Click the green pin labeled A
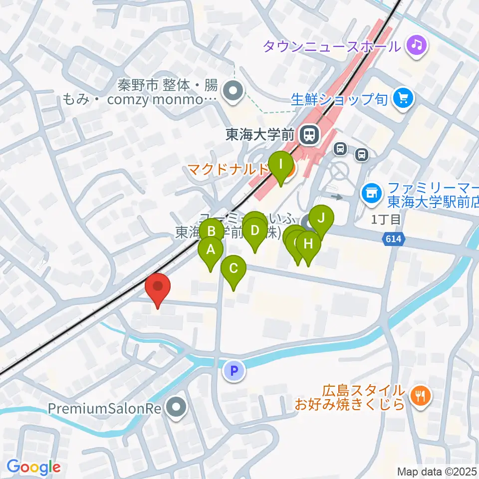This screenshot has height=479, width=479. [x=211, y=249]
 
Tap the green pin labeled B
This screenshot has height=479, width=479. [x=212, y=232]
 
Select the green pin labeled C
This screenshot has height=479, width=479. [x=234, y=268]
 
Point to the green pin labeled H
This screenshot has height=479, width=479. [x=308, y=244]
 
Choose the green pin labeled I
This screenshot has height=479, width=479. [x=281, y=164]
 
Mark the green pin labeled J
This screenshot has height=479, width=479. [x=321, y=218]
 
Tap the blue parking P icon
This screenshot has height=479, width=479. [x=235, y=371]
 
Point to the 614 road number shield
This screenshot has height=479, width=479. [x=393, y=240]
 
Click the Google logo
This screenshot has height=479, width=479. [x=34, y=467]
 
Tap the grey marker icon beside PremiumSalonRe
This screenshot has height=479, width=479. [x=175, y=408]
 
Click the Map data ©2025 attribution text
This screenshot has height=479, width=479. [x=437, y=471]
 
